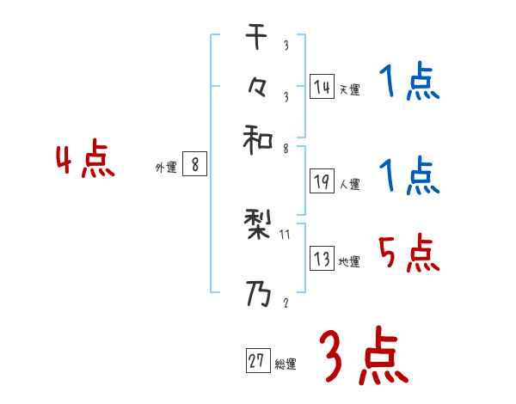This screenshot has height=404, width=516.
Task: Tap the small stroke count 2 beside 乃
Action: tap(286, 303)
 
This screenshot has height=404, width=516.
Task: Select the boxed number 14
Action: tap(322, 87)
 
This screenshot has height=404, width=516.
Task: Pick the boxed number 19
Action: tap(322, 181)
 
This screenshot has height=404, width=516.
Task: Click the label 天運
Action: tap(349, 89)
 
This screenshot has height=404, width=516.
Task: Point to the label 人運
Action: tap(349, 184)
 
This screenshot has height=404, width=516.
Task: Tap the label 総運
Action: tap(286, 364)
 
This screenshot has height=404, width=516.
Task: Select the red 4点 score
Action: tap(85, 162)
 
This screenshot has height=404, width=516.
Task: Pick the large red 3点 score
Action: tap(364, 358)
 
